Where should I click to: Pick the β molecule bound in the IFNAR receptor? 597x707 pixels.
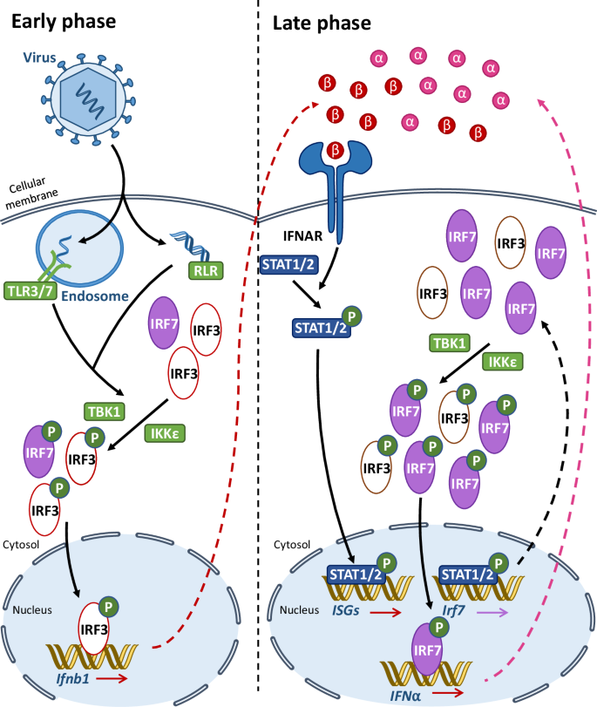tap(333, 151)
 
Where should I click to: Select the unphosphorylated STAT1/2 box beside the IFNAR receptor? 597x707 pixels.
tap(288, 261)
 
